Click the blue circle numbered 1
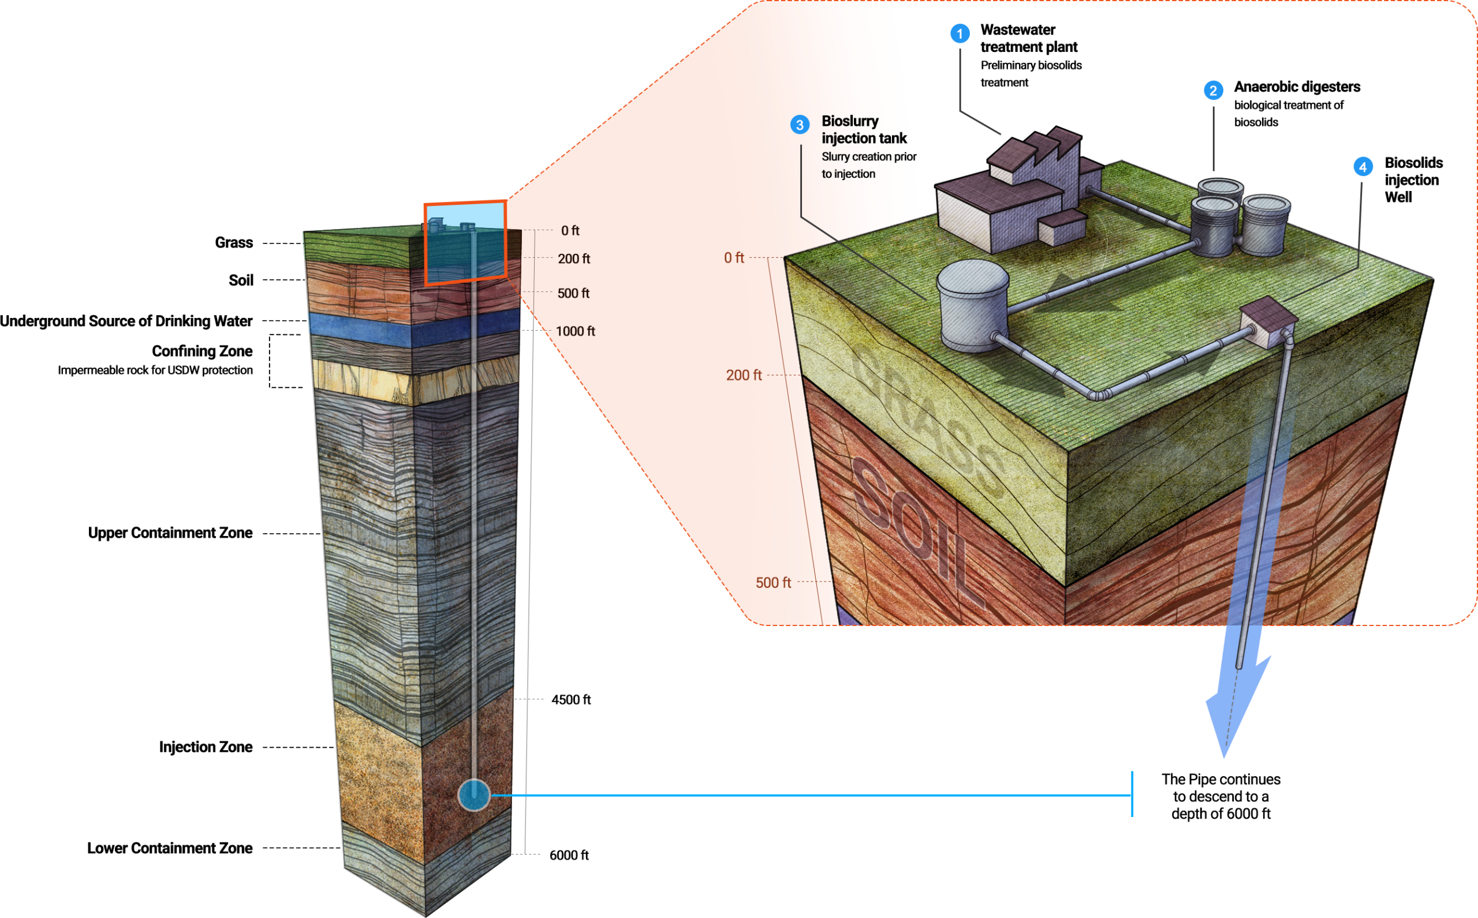[960, 33]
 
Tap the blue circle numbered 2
[1213, 91]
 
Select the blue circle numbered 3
[800, 125]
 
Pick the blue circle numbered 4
[1363, 167]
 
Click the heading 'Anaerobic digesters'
[1297, 87]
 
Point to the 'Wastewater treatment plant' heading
[1028, 38]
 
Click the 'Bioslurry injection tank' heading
[864, 129]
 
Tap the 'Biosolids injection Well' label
[1413, 179]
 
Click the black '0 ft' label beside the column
[570, 231]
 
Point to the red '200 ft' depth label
[744, 375]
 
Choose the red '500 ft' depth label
[772, 583]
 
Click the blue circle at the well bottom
[473, 795]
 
